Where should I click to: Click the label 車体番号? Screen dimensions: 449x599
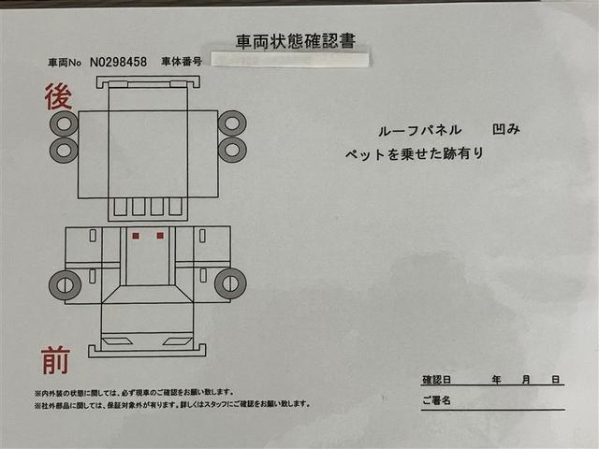[x=183, y=62]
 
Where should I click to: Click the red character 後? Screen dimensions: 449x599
[x=58, y=96]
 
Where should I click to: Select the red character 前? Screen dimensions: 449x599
[x=56, y=360]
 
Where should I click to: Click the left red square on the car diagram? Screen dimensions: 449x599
[x=137, y=235]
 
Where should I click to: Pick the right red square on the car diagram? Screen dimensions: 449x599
[x=160, y=235]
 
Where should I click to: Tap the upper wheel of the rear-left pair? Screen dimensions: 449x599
[x=64, y=123]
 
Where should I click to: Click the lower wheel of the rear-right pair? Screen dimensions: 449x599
[x=232, y=149]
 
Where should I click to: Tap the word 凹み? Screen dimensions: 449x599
[x=505, y=130]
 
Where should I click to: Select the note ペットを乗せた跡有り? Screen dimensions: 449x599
[x=415, y=153]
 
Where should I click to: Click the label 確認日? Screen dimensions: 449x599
[x=437, y=380]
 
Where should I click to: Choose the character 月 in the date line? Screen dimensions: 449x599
[x=527, y=380]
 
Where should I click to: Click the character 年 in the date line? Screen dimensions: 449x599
[x=496, y=380]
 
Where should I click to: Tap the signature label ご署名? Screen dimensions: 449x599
[x=436, y=400]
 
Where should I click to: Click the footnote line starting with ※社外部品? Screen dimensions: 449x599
[x=171, y=404]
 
